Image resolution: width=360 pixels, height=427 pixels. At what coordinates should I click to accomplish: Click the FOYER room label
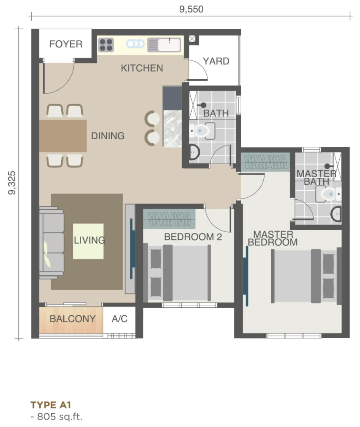66,44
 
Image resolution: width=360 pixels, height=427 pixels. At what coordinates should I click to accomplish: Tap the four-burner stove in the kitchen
106,45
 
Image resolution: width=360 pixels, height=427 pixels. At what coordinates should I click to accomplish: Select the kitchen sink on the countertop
164,45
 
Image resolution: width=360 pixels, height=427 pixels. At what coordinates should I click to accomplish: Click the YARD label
216,61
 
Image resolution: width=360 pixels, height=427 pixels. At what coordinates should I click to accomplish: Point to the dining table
63,136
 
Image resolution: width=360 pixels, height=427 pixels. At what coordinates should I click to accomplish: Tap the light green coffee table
88,241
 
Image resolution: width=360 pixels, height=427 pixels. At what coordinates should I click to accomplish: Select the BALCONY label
72,319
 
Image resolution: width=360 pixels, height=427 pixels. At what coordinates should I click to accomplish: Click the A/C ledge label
120,319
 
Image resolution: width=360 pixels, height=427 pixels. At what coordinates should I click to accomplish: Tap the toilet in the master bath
328,194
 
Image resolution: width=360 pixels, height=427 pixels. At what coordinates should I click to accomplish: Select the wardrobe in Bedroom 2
169,219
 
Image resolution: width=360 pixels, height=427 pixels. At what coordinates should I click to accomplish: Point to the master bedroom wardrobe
265,162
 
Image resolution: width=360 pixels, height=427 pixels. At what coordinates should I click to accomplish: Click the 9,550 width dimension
191,9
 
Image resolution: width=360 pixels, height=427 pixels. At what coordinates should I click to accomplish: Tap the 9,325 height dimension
12,183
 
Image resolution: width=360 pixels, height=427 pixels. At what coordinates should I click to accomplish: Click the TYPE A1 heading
51,405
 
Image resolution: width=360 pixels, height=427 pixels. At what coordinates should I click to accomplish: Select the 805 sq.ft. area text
56,417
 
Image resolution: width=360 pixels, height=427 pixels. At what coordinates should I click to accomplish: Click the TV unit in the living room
130,249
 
